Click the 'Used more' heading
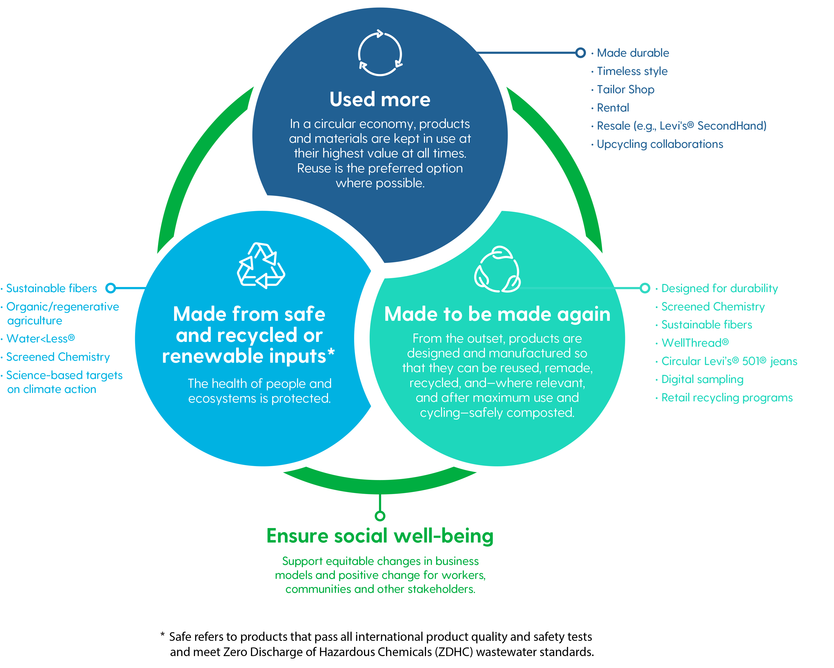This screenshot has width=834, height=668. pos(380,100)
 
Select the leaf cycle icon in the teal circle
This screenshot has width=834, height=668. pos(497,269)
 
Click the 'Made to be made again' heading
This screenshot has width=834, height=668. pos(497,314)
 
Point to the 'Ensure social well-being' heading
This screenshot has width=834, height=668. pos(380,536)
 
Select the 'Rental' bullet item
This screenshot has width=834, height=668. pos(613,108)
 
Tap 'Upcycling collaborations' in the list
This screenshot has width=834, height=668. pos(660,144)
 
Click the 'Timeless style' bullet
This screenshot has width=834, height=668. pos(632,71)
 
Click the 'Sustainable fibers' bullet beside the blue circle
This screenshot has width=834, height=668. pos(52,288)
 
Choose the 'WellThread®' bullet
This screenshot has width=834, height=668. pos(695,343)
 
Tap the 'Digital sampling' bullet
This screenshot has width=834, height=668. pos(702,379)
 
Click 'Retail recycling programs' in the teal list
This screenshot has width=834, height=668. pos(727,397)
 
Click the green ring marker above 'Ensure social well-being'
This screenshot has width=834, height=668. pos(380,516)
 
